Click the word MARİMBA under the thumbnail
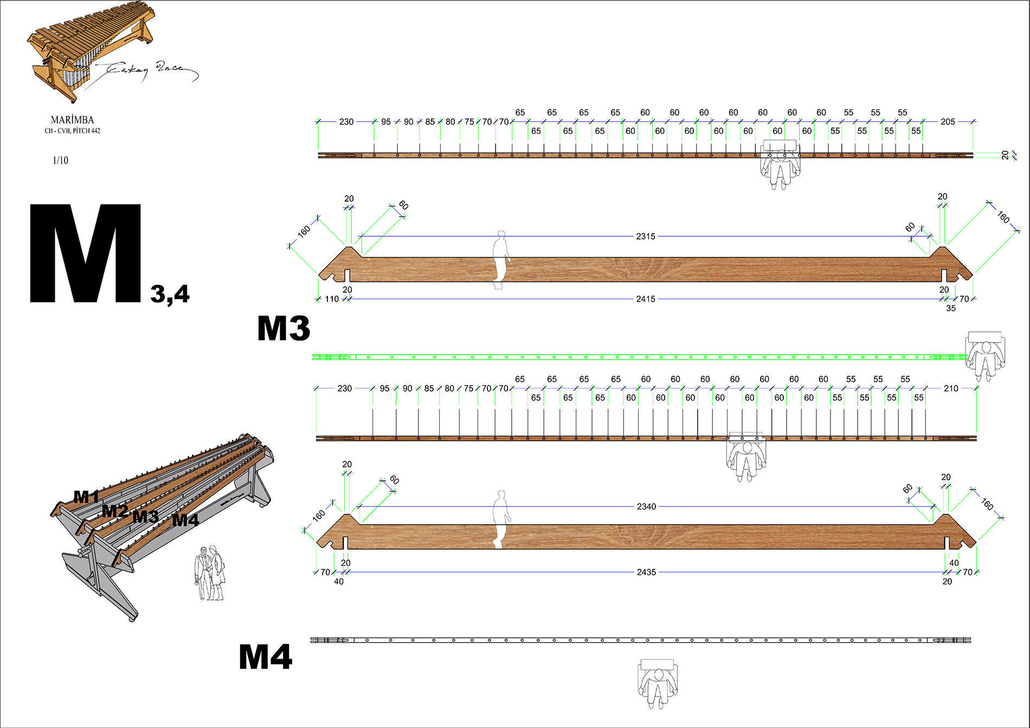pos(72,120)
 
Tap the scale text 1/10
pos(60,160)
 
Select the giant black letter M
pos(86,254)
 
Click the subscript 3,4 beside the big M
pos(170,294)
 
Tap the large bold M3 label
pos(284,328)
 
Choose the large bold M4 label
pos(266,657)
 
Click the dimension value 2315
pos(646,236)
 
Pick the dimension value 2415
pos(646,299)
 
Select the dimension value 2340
pos(646,506)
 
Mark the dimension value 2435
pos(646,572)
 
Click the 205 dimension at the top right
pos(948,121)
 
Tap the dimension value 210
pos(951,388)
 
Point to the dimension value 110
pos(331,299)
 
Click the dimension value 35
pos(951,308)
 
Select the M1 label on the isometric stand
pos(86,497)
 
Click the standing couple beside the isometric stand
pos(210,573)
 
